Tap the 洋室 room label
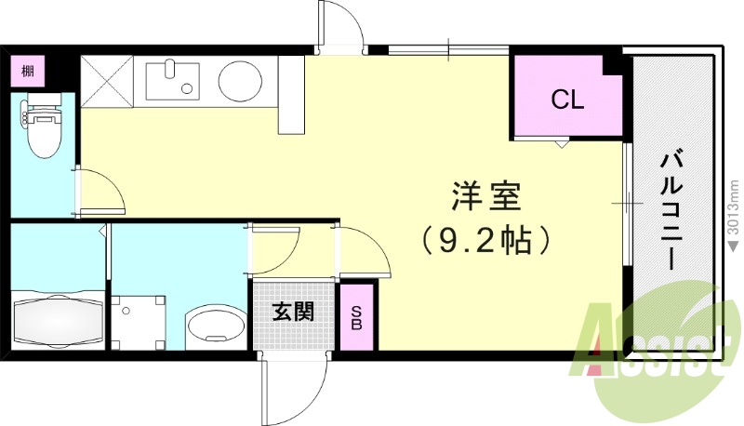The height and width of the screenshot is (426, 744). tap(485, 197)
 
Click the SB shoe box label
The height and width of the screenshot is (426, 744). tap(356, 318)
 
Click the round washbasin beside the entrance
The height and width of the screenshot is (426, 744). tap(213, 326)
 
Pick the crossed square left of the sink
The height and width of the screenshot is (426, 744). tap(108, 78)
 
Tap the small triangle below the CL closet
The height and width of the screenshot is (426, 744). tap(562, 145)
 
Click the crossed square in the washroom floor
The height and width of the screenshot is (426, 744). tap(137, 322)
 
